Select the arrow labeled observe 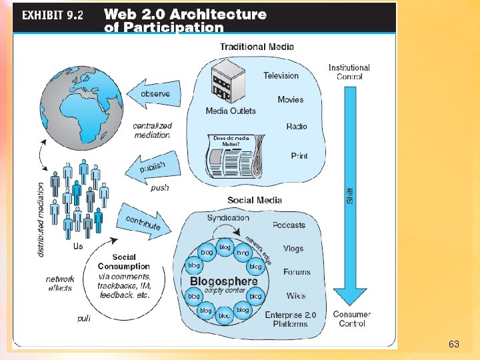pos(148,95)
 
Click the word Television pos(281,75)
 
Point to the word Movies pos(290,100)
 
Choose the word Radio pos(297,127)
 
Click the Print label pos(299,156)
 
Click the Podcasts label pos(289,225)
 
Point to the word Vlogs pos(293,249)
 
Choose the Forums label pos(297,272)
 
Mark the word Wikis pos(296,295)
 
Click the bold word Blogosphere pos(224,281)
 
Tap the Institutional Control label pos(349,72)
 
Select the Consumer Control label pos(351,319)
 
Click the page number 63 pos(454,345)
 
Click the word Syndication pos(228,218)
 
